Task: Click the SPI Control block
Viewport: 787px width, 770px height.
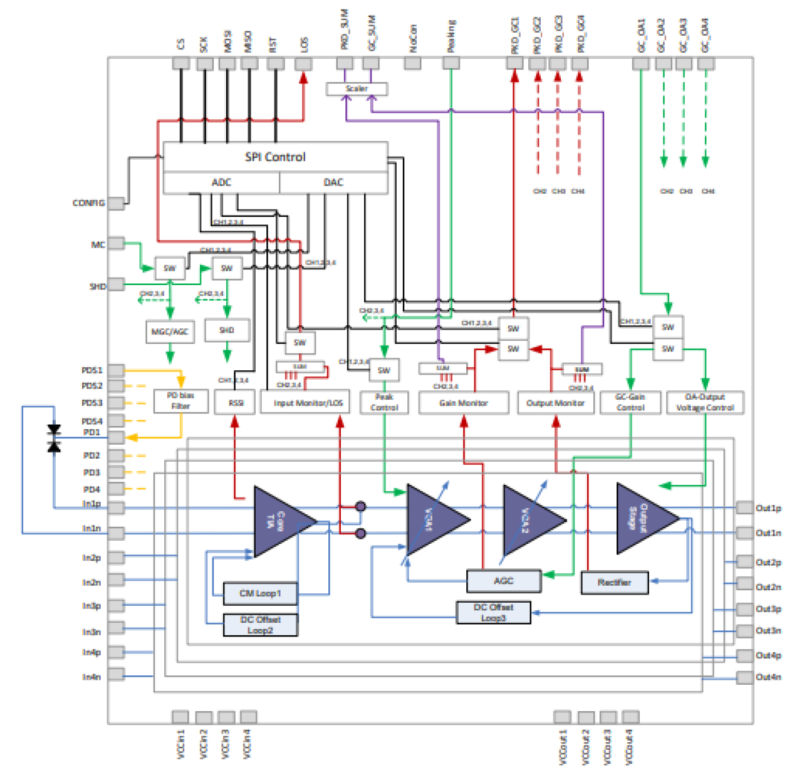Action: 275,157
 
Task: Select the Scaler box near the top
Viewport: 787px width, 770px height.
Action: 357,89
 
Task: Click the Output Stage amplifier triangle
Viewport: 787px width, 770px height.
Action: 643,519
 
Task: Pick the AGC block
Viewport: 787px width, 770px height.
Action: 503,581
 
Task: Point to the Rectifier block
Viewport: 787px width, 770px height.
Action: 614,583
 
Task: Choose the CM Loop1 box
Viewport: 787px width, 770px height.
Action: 260,593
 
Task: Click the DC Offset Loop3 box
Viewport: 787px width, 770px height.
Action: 493,612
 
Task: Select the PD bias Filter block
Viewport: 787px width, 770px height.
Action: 180,401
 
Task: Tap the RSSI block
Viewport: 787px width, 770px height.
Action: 235,402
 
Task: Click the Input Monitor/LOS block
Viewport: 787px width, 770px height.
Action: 308,403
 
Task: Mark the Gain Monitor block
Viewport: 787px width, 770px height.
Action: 463,403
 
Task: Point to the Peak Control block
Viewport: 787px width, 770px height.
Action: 383,402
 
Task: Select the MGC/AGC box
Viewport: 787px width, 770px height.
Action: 169,331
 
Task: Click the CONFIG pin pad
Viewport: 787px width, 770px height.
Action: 116,203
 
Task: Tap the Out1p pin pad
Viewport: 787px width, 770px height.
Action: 744,507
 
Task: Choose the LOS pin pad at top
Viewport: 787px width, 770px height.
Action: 303,63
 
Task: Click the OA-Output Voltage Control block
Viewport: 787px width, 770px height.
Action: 705,402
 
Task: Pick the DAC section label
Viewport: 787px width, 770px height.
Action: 333,182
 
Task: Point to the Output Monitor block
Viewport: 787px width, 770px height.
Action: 555,403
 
